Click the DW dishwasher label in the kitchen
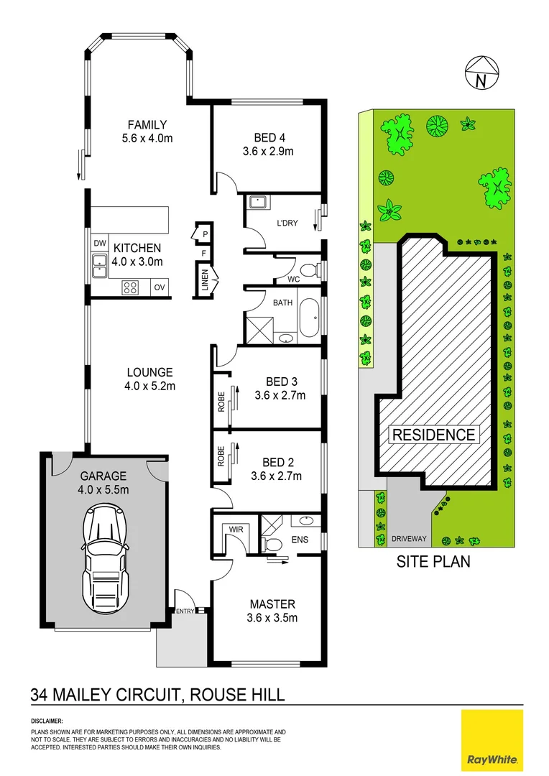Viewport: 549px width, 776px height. coord(99,244)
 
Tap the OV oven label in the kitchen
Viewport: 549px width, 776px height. coord(160,287)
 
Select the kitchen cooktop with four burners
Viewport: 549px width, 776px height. coord(131,287)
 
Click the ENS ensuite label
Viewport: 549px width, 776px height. coord(301,538)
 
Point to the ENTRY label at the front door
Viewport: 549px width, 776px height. coord(185,611)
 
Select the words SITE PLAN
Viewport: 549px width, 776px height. coord(433,562)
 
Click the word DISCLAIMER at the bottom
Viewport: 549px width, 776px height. coord(47,720)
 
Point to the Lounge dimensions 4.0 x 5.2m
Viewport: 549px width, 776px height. coord(150,386)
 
